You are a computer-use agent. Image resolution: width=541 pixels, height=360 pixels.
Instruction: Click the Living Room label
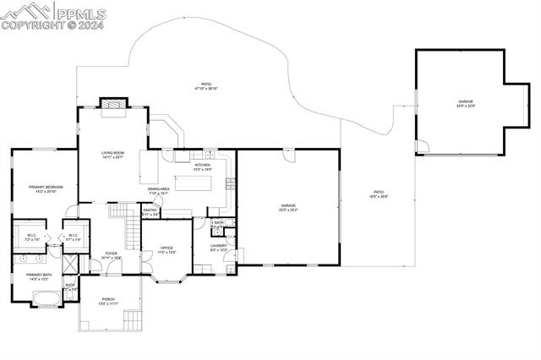pos(113,155)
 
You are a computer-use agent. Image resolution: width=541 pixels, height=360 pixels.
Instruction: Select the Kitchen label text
pos(203,167)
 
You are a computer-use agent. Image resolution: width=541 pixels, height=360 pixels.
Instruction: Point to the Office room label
pos(167,250)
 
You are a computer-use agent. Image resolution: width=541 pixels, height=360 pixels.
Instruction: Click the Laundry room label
pos(218,248)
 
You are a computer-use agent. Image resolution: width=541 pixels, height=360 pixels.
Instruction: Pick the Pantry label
pos(150,212)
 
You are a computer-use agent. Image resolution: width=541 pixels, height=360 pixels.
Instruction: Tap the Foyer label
pos(111,254)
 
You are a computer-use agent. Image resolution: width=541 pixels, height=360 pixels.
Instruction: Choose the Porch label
pos(108,301)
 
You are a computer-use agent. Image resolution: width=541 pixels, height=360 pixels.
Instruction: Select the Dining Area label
pos(159,191)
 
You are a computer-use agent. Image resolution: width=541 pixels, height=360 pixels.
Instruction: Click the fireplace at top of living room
pos(112,104)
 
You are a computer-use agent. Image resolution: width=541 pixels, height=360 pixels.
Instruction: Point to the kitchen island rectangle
pos(197,183)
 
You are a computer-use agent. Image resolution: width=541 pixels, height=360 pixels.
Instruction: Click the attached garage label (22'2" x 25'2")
pos(288,207)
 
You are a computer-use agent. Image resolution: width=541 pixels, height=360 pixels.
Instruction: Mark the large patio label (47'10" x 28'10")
pos(206,86)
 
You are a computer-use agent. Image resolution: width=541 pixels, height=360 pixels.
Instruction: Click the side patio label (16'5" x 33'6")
pos(378,194)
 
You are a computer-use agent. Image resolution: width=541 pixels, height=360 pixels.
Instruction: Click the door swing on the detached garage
pos(422,147)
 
